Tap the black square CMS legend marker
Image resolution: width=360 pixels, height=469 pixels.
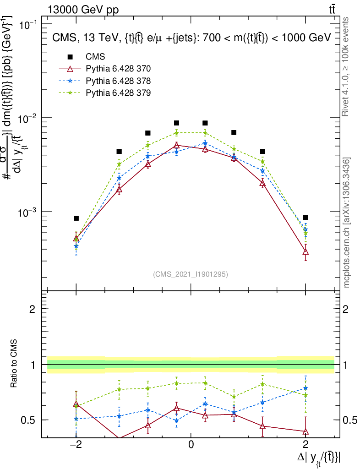coord(70,57)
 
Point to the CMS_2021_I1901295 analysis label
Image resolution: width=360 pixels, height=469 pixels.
coord(191,274)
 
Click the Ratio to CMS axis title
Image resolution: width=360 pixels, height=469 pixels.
coord(14,364)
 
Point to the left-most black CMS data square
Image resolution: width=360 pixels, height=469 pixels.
coord(76,218)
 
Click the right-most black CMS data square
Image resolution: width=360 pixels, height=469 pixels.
coord(305,217)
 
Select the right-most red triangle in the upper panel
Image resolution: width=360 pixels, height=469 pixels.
coord(305,251)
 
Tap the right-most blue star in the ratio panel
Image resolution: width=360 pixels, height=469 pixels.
coord(305,388)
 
